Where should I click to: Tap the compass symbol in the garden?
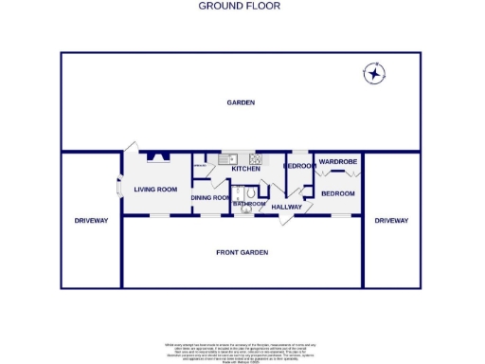tap(375, 73)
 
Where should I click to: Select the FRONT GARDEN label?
tap(241, 252)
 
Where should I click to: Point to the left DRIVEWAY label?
tap(92, 221)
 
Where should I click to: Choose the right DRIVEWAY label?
tap(390, 221)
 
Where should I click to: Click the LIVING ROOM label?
tap(155, 190)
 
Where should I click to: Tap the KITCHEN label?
tap(232, 169)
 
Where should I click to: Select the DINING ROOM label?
tap(210, 197)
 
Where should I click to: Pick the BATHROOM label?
tap(249, 204)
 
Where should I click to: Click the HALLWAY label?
tap(286, 207)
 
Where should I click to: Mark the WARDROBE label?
tap(337, 162)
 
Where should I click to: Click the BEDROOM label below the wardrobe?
tap(337, 193)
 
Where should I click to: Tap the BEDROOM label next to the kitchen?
tap(299, 167)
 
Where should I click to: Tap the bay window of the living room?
tap(119, 188)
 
